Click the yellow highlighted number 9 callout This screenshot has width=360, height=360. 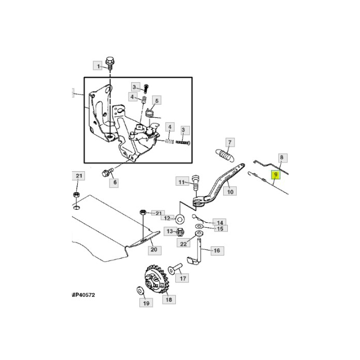click(x=276, y=176)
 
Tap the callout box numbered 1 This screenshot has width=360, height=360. click(x=98, y=65)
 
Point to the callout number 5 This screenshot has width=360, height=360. click(x=157, y=101)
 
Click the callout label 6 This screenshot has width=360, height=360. click(x=115, y=182)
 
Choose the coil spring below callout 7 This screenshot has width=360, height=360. click(x=225, y=154)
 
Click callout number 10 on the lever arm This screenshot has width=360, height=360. click(x=230, y=191)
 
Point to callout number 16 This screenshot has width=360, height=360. click(x=216, y=250)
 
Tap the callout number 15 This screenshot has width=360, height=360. click(x=219, y=228)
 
